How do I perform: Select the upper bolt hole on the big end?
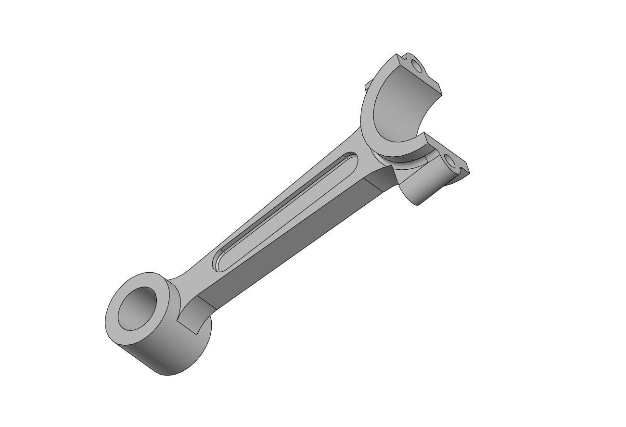coord(416,66)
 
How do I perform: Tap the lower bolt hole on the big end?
coord(451,163)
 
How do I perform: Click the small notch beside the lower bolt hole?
coord(465,168)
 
